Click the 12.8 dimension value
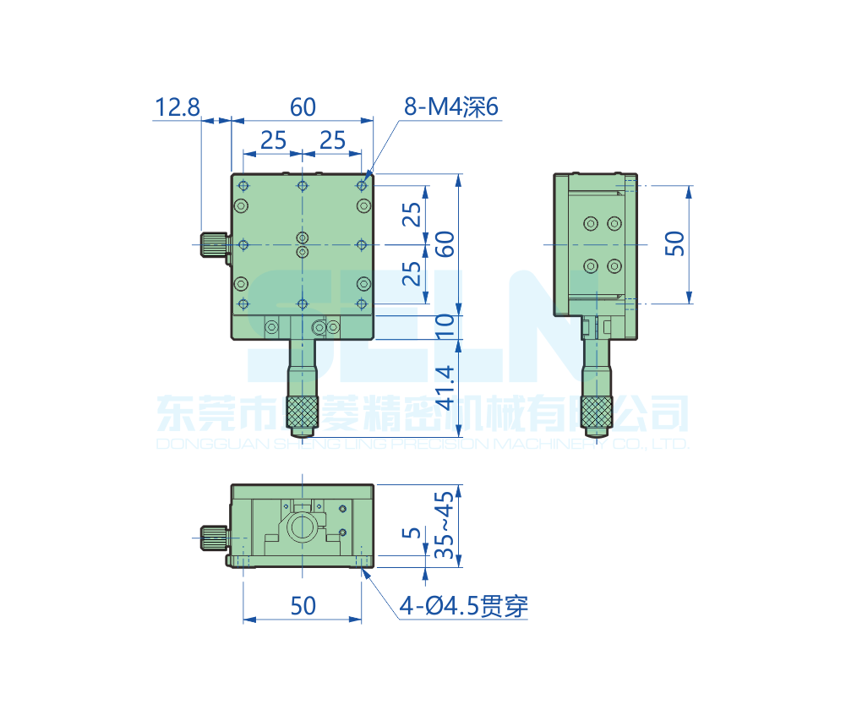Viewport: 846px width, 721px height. click(177, 107)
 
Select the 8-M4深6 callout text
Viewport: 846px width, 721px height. click(452, 107)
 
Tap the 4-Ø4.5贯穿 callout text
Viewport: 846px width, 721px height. click(464, 605)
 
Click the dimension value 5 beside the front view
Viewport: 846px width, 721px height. click(412, 533)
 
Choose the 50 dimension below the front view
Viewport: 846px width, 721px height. click(303, 605)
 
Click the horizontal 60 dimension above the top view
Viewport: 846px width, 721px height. click(303, 107)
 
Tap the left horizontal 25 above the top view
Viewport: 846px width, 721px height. click(273, 140)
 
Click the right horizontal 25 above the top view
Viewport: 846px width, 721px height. click(332, 140)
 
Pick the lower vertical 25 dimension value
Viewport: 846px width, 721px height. click(412, 273)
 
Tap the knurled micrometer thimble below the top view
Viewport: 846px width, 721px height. click(302, 412)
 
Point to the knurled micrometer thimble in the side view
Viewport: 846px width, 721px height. click(596, 411)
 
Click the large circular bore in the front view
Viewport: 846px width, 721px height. click(303, 529)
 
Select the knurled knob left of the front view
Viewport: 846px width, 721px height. click(215, 535)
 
